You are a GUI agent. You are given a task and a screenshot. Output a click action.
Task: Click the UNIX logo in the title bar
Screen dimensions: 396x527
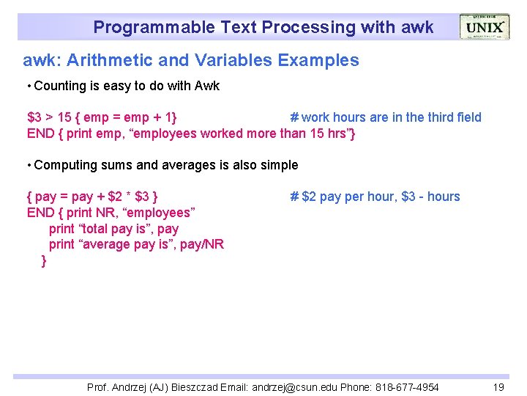[484, 27]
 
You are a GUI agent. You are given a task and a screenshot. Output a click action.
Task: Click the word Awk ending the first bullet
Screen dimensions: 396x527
[207, 86]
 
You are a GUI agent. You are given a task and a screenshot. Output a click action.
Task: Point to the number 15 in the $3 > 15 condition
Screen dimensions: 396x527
[64, 117]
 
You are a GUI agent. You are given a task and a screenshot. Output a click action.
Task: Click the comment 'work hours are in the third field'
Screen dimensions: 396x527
[391, 117]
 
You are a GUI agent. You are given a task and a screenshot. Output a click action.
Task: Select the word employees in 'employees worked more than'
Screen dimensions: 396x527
[147, 133]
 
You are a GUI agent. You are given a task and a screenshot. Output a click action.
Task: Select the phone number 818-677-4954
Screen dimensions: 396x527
[405, 387]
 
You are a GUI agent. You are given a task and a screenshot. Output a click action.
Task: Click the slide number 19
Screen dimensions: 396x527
[498, 387]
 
